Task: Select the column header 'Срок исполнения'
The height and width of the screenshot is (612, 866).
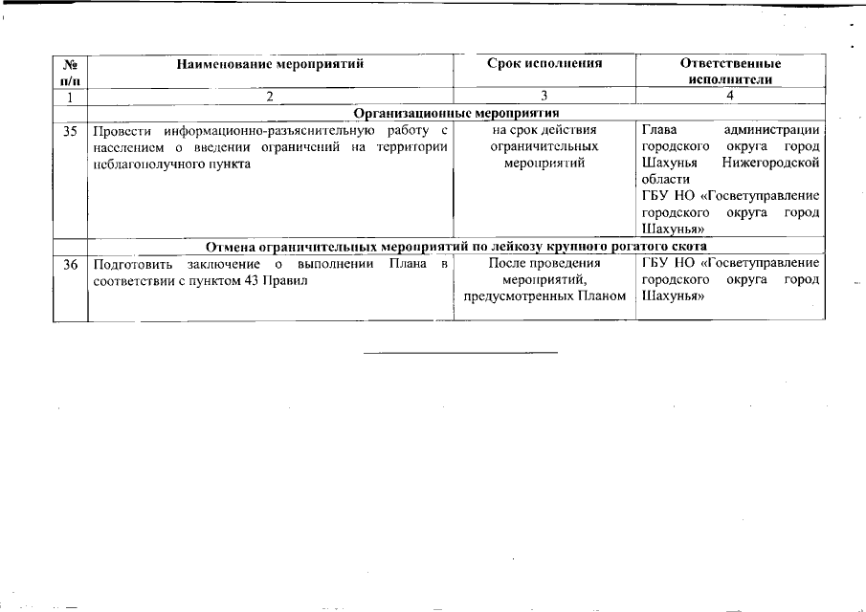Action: click(x=544, y=64)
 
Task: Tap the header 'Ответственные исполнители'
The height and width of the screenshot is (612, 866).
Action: click(x=729, y=72)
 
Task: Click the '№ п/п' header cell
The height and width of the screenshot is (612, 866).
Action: click(x=70, y=72)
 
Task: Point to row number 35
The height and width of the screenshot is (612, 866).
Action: click(x=70, y=131)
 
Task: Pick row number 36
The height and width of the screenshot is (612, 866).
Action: click(x=70, y=263)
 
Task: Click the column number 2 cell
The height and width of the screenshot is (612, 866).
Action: click(x=270, y=96)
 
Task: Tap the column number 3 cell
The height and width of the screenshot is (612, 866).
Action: click(x=544, y=96)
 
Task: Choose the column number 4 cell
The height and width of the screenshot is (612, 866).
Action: click(x=729, y=96)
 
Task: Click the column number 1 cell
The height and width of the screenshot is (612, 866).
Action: click(x=70, y=96)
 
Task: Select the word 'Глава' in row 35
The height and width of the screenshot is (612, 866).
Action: click(x=658, y=131)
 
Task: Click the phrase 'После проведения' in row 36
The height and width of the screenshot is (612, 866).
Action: click(x=544, y=263)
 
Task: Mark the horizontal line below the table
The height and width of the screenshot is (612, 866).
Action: click(x=460, y=353)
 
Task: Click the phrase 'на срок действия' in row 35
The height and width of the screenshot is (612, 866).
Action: click(x=544, y=131)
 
